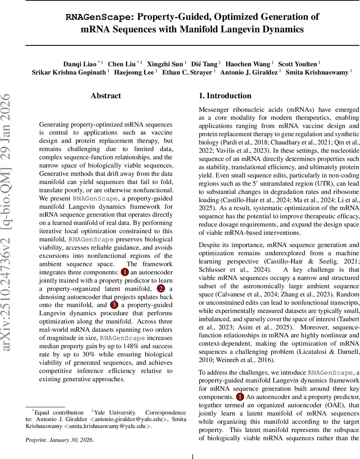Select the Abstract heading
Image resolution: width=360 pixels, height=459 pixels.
tap(106, 96)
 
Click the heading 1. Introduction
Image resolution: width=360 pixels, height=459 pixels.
tap(225, 96)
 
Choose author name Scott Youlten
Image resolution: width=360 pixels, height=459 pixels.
tap(298, 64)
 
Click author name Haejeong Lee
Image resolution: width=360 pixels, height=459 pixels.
tap(137, 72)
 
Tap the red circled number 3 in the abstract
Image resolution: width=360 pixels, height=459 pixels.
tap(114, 305)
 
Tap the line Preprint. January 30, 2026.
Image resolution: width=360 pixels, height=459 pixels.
tap(59, 439)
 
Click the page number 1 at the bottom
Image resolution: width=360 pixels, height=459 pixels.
tap(193, 456)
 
